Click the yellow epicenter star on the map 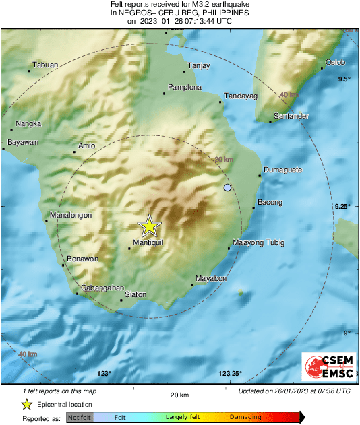point(149,226)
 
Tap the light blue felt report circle point(227,187)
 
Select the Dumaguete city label point(282,170)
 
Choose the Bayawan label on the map point(23,143)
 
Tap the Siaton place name point(136,294)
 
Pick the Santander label point(292,117)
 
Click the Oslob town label point(335,63)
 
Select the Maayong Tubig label point(258,242)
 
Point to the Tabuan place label point(46,65)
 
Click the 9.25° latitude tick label point(342,207)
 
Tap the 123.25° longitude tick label point(231,374)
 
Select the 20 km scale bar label point(179,394)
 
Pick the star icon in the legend point(27,405)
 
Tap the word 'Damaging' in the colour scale point(245,418)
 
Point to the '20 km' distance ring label point(223,160)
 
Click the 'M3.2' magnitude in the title point(186,5)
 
